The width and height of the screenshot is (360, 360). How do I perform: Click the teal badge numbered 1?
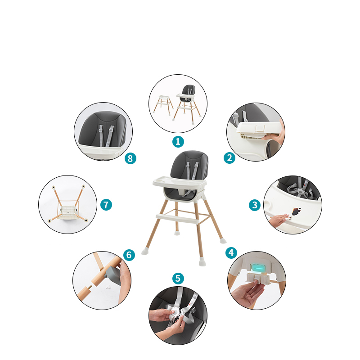(x=178, y=142)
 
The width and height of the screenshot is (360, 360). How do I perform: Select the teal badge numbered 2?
(x=229, y=158)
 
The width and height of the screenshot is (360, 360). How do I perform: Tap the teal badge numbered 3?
(x=255, y=205)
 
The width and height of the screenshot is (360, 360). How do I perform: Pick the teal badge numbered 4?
(x=231, y=253)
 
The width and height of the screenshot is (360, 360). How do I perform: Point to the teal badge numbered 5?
(x=178, y=279)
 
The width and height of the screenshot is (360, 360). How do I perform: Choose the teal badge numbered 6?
(x=129, y=255)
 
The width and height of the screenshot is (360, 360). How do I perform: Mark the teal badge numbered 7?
(x=106, y=205)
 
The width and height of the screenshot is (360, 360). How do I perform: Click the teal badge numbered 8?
(x=130, y=158)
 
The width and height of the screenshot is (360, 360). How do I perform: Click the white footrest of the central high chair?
(x=177, y=219)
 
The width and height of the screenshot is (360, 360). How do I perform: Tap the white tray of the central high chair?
(x=180, y=182)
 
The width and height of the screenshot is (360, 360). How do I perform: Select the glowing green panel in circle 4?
(x=258, y=267)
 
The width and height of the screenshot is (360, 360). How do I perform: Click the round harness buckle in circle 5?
(x=175, y=312)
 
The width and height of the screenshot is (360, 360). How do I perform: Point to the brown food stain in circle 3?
(x=296, y=211)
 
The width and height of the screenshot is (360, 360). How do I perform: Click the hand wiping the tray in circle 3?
(x=279, y=220)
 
